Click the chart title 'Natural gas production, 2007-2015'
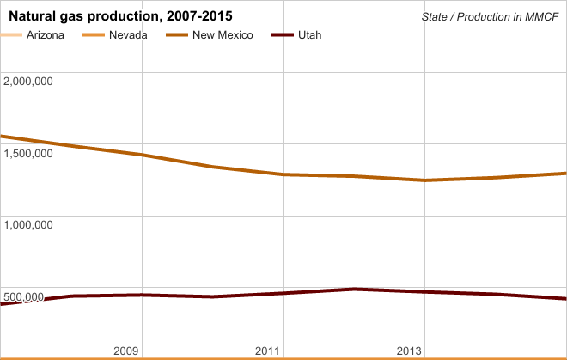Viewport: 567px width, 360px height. point(120,16)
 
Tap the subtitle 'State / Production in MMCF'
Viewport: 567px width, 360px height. point(491,17)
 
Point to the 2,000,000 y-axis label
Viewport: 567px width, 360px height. point(29,82)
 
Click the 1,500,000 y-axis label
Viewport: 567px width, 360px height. point(29,153)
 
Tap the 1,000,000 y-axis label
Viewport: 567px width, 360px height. point(29,224)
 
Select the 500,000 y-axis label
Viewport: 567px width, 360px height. point(24,297)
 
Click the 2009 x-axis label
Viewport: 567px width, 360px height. point(126,351)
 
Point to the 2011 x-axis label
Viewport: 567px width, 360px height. point(268,351)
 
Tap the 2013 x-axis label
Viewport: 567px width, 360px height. point(410,351)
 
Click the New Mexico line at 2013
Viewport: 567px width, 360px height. point(425,180)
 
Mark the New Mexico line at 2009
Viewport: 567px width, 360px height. point(142,155)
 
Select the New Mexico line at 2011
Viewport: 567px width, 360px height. point(283,174)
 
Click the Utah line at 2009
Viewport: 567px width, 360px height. point(142,295)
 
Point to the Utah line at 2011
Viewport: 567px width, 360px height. point(283,293)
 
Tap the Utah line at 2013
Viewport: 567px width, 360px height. point(425,292)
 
